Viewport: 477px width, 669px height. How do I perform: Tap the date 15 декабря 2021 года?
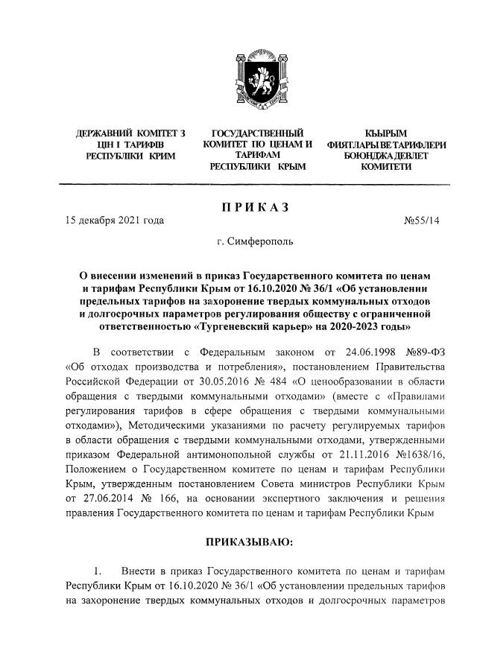pyautogui.click(x=114, y=221)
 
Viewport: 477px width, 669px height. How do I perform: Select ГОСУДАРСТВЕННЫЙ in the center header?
pyautogui.click(x=257, y=132)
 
